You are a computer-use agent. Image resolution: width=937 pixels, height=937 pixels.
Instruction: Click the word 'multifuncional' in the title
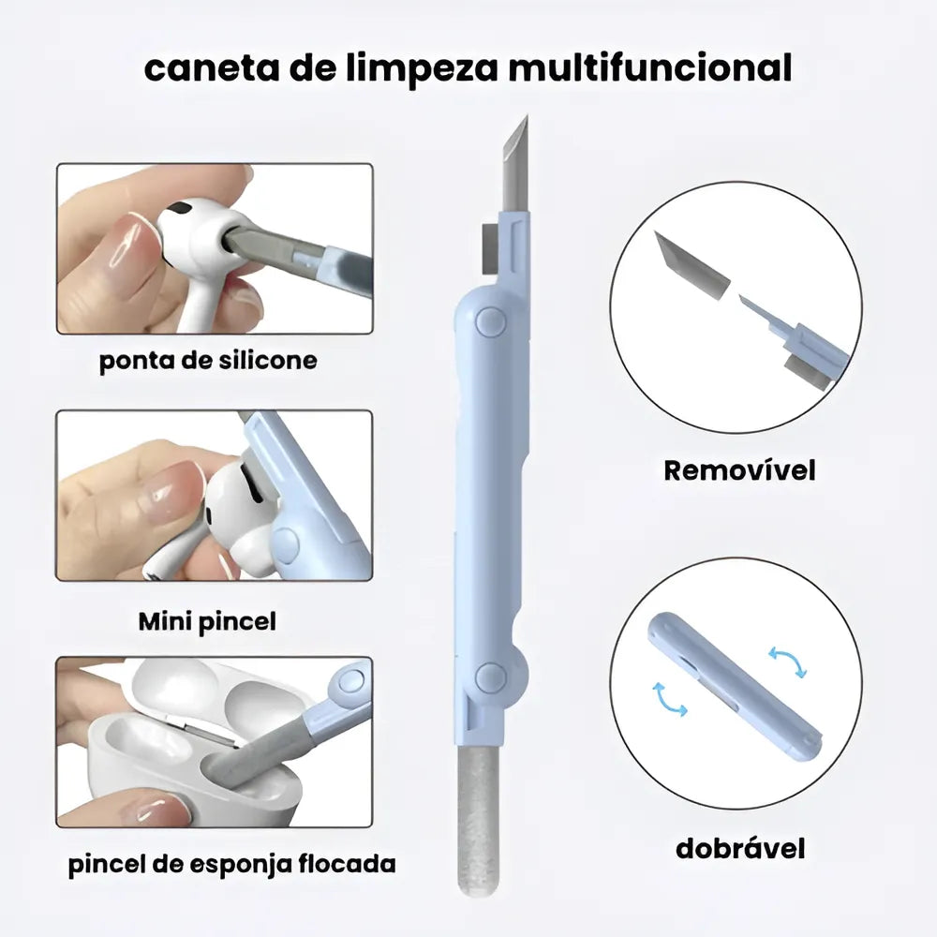[x=650, y=67]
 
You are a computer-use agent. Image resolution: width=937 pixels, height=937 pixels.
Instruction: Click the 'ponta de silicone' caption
[x=207, y=361]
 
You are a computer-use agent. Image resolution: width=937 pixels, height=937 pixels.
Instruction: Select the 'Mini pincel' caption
[x=207, y=621]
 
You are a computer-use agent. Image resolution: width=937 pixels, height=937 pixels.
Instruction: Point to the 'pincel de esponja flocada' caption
[x=231, y=864]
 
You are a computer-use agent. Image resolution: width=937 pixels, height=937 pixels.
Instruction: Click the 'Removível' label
[x=739, y=470]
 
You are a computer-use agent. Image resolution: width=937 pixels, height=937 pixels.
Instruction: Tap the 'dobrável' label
[x=740, y=849]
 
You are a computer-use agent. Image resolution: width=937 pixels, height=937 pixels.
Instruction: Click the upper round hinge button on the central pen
[x=491, y=321]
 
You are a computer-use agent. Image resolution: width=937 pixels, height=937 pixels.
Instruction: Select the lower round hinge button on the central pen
[x=491, y=677]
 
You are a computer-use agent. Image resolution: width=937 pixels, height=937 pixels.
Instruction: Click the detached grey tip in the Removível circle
[x=692, y=265]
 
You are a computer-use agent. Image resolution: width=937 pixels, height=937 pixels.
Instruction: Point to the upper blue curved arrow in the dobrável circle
[x=788, y=659]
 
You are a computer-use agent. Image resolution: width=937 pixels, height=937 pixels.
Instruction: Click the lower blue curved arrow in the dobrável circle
[x=669, y=700]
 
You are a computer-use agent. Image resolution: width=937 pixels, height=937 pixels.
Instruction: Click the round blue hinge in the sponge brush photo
[x=351, y=682]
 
